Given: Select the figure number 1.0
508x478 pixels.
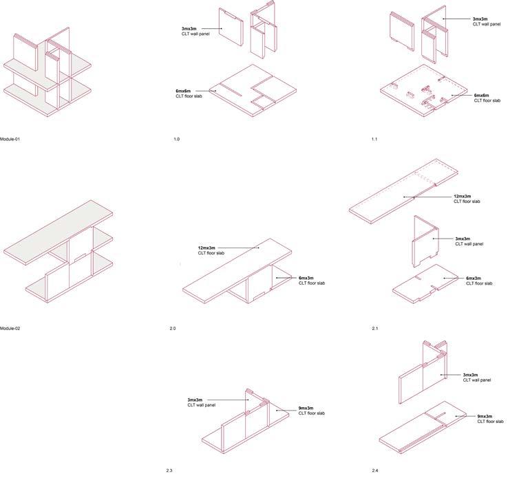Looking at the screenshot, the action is coord(177,140).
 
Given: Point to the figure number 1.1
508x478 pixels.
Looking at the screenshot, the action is coord(374,140).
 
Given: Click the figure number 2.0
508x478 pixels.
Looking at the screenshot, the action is coord(173,329).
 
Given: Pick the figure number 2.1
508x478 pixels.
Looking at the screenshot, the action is coord(374,329).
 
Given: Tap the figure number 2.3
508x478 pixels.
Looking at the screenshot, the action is coord(169,470).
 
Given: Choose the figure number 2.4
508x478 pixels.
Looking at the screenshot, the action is coord(374,470).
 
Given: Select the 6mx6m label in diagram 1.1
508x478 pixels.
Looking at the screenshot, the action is coord(481,95).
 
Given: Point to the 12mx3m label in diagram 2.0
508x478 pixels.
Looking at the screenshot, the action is coord(207,248).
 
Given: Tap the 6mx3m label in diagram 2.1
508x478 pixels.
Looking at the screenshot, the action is coord(473,278).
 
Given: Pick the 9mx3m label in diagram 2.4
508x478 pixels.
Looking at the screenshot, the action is coord(485,416).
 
